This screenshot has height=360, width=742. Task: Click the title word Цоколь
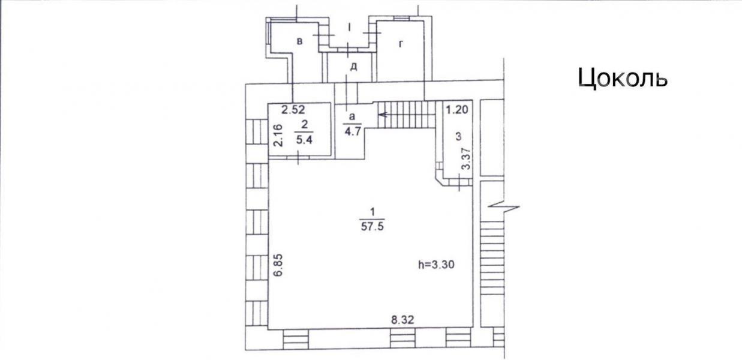click(623, 79)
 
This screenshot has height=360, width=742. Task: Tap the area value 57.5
click(372, 226)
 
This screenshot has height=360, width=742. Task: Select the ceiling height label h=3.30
click(436, 265)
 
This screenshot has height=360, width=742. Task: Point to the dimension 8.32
click(402, 320)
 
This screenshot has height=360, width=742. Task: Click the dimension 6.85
click(279, 265)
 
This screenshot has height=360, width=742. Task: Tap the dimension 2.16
click(279, 135)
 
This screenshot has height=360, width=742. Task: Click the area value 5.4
click(304, 140)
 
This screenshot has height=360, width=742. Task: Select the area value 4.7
click(353, 131)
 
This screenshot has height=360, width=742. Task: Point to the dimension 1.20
click(457, 109)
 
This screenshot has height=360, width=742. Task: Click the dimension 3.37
click(466, 159)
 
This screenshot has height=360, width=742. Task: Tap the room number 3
click(458, 136)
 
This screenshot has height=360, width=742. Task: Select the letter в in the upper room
click(300, 41)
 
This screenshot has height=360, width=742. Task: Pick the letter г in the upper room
click(401, 44)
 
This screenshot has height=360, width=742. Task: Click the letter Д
click(354, 67)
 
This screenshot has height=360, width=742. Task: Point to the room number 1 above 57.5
click(372, 211)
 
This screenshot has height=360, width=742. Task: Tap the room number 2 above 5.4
click(305, 125)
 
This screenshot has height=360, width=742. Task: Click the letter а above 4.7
click(352, 116)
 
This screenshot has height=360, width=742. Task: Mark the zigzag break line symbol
click(504, 207)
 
